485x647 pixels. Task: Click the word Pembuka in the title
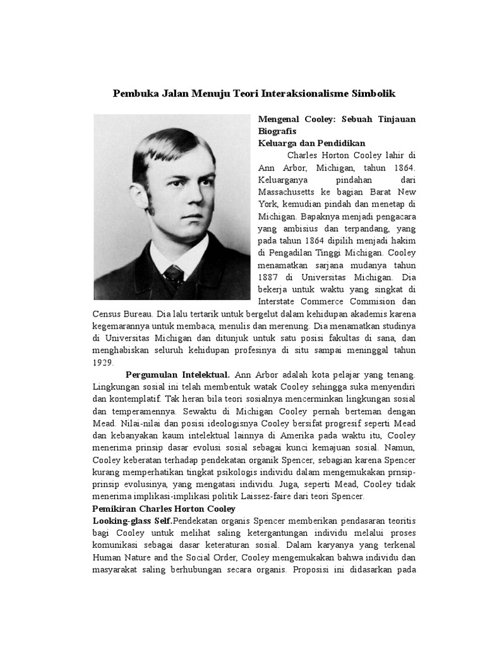coord(133,93)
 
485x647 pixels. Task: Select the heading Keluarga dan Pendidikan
coord(312,143)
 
